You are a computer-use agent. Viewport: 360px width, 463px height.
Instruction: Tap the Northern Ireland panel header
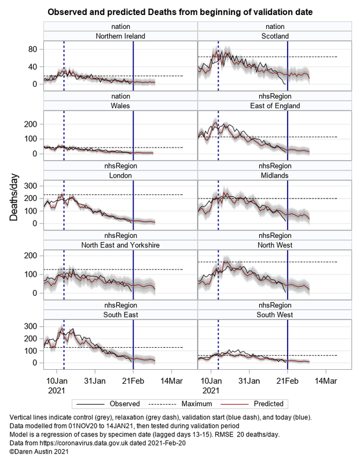pos(120,36)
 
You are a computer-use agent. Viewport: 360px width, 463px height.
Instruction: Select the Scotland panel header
pos(275,36)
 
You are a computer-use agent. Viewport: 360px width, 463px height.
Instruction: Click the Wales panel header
pos(120,106)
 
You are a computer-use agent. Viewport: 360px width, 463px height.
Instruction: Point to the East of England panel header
pos(275,106)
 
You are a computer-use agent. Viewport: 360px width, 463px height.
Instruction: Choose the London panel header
pos(120,175)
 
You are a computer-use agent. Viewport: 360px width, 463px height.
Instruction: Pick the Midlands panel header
pos(275,175)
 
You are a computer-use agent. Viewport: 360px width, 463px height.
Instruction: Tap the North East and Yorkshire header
pos(120,245)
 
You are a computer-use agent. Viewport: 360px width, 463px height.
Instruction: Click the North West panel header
pos(275,245)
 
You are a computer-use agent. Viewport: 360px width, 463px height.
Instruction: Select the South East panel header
pos(120,314)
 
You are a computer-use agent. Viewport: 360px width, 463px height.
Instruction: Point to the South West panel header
pos(275,314)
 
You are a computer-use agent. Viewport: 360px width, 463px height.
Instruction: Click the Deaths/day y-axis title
pos(13,198)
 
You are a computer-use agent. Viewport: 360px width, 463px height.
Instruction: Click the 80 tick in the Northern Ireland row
pos(34,50)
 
